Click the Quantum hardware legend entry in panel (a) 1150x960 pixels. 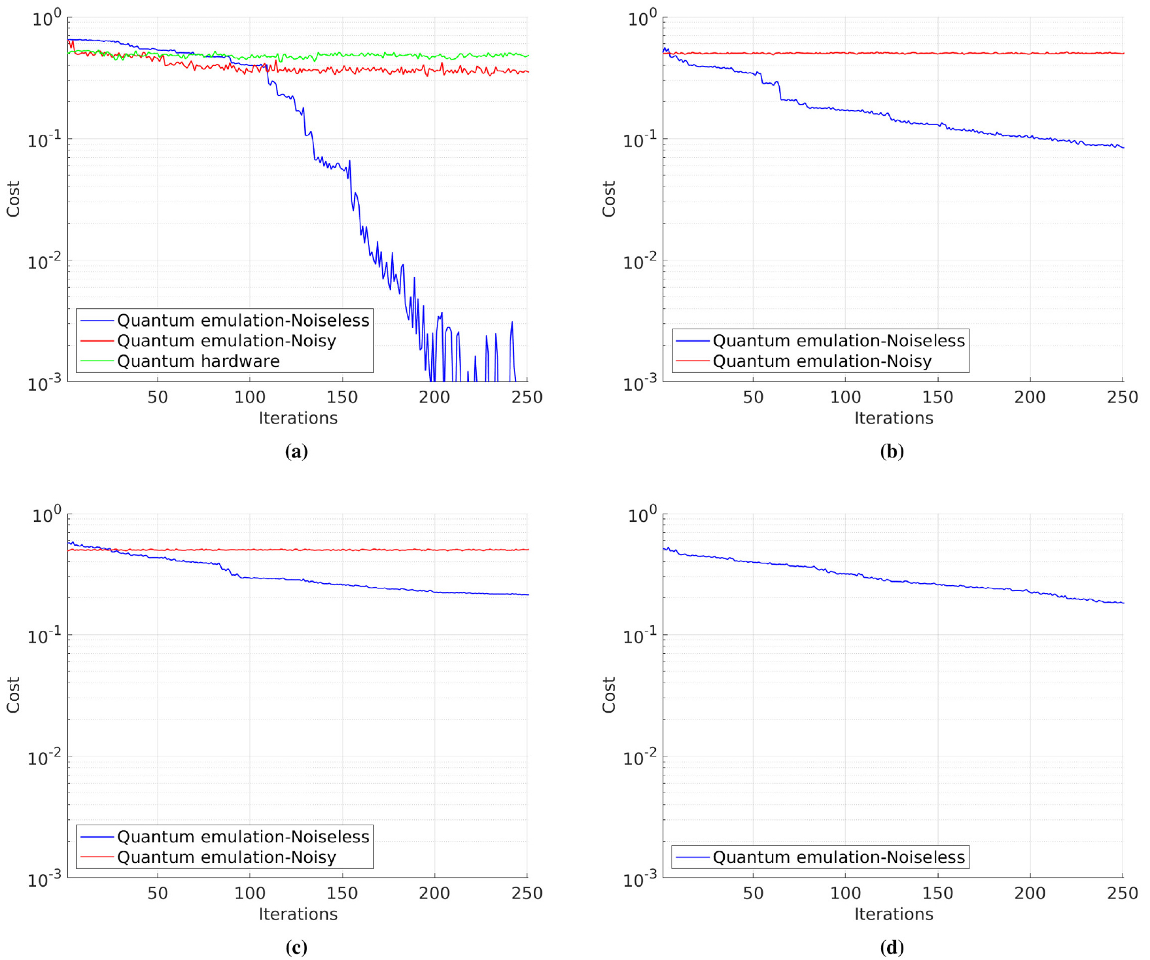pyautogui.click(x=198, y=361)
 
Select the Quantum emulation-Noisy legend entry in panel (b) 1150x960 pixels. pyautogui.click(x=822, y=361)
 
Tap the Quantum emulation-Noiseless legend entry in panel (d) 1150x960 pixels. pyautogui.click(x=839, y=857)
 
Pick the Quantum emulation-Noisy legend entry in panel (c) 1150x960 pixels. pyautogui.click(x=226, y=857)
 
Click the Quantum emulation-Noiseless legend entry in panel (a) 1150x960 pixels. pyautogui.click(x=243, y=321)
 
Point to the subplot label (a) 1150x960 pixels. pyautogui.click(x=296, y=452)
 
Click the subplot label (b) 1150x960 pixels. pyautogui.click(x=892, y=452)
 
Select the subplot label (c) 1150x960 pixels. pyautogui.click(x=296, y=948)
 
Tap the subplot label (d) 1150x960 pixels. pyautogui.click(x=892, y=948)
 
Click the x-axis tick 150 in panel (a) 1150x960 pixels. pyautogui.click(x=342, y=397)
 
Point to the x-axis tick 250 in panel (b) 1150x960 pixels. pyautogui.click(x=1122, y=397)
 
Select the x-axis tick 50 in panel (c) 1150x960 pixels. pyautogui.click(x=158, y=893)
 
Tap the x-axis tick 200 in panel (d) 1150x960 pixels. pyautogui.click(x=1030, y=893)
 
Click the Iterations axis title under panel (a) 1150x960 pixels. pyautogui.click(x=298, y=418)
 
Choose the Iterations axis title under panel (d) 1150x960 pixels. pyautogui.click(x=894, y=914)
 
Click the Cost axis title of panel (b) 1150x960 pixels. pyautogui.click(x=609, y=199)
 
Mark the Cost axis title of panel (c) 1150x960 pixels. pyautogui.click(x=13, y=695)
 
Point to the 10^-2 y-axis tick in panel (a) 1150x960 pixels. pyautogui.click(x=44, y=262)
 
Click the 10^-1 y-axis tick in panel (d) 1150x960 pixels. pyautogui.click(x=640, y=635)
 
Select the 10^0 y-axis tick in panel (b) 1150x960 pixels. pyautogui.click(x=641, y=18)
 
